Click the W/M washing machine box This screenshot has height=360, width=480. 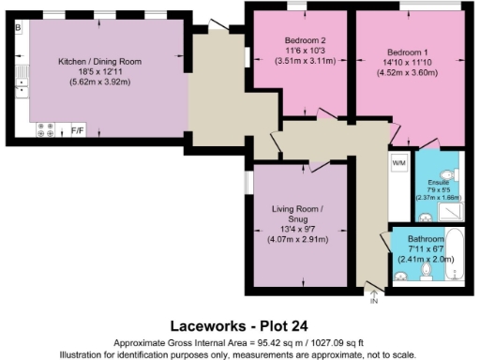click(x=398, y=163)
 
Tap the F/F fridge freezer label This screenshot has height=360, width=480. click(x=78, y=132)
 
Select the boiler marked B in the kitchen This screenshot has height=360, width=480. click(x=18, y=27)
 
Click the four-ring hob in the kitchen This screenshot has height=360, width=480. click(x=45, y=131)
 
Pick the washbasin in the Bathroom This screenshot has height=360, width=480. click(x=401, y=276)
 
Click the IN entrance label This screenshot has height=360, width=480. click(x=373, y=301)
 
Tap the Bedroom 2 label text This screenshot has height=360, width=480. click(x=305, y=40)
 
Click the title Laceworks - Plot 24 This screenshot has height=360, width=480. click(x=240, y=326)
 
